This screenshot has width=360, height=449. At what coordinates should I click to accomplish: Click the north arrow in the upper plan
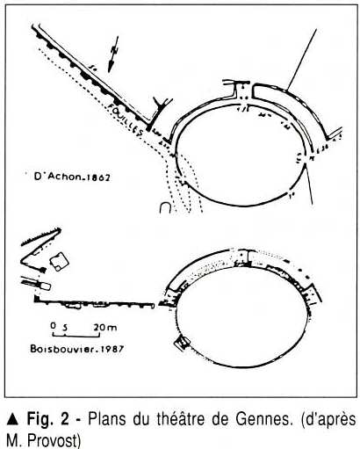[113, 54]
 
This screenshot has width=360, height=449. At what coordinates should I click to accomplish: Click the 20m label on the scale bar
[105, 327]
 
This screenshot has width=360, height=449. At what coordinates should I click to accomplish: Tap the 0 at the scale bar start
[53, 326]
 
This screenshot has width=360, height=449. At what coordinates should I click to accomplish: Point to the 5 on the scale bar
[65, 327]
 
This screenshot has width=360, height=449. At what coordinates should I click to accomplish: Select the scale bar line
[76, 335]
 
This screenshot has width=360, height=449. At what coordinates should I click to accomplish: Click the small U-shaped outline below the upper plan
[166, 207]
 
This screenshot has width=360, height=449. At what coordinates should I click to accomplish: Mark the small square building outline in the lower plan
[59, 262]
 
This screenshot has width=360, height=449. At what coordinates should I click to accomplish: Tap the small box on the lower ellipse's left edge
[182, 342]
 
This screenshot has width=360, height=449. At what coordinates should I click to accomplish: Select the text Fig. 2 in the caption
[48, 419]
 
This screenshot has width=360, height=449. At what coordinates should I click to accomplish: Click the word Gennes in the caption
[263, 419]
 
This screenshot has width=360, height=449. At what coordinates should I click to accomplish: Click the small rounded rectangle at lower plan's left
[45, 286]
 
